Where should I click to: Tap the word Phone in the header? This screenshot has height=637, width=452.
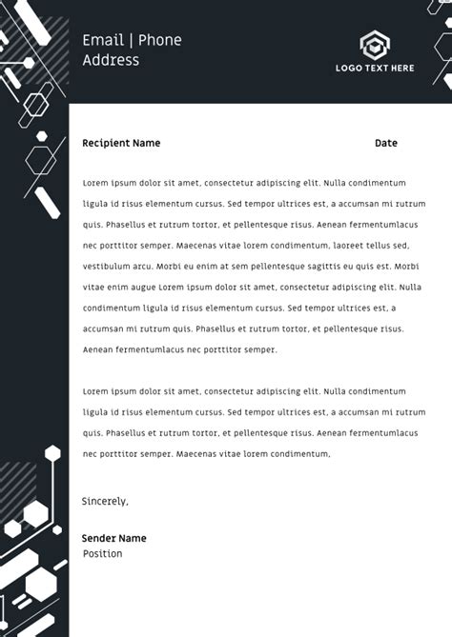(x=159, y=40)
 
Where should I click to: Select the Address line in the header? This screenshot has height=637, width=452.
(x=111, y=60)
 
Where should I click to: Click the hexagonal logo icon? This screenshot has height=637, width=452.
(x=374, y=44)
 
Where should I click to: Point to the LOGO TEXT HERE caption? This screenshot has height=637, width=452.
(x=375, y=69)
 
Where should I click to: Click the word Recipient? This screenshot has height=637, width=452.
(x=106, y=144)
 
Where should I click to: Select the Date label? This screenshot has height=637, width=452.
(x=385, y=144)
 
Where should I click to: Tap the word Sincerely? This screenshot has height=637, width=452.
(x=104, y=501)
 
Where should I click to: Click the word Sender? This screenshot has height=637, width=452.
(x=98, y=538)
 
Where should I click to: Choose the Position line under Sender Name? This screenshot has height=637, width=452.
(x=102, y=554)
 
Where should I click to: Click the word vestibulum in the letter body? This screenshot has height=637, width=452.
(x=106, y=267)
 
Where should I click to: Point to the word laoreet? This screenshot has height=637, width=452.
(x=350, y=246)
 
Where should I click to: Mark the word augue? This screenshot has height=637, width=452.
(x=139, y=288)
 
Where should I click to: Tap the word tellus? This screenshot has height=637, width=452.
(x=384, y=246)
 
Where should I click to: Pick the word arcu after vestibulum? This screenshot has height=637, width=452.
(x=142, y=267)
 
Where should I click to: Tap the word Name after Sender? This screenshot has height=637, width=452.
(x=132, y=538)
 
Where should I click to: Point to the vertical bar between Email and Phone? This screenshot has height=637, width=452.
(x=134, y=40)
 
